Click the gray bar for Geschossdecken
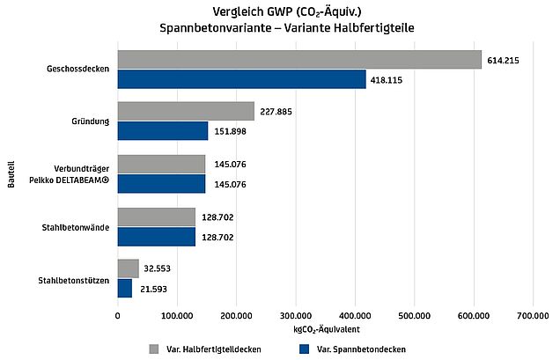pos(299,59)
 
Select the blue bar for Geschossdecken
pos(241,79)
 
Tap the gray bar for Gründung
pos(186,111)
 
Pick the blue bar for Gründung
pos(163,131)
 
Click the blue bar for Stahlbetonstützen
pos(125,288)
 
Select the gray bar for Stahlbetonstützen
pos(128,268)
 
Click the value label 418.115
pos(389,79)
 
